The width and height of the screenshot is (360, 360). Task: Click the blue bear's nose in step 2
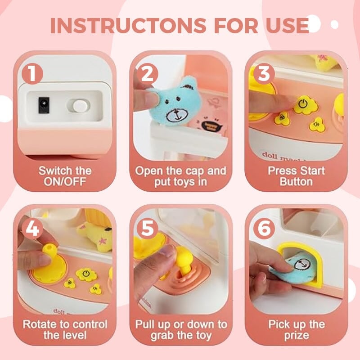(173, 116)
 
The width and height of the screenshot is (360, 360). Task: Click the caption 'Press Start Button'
(296, 176)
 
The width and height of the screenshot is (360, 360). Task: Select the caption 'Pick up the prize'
(296, 329)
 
